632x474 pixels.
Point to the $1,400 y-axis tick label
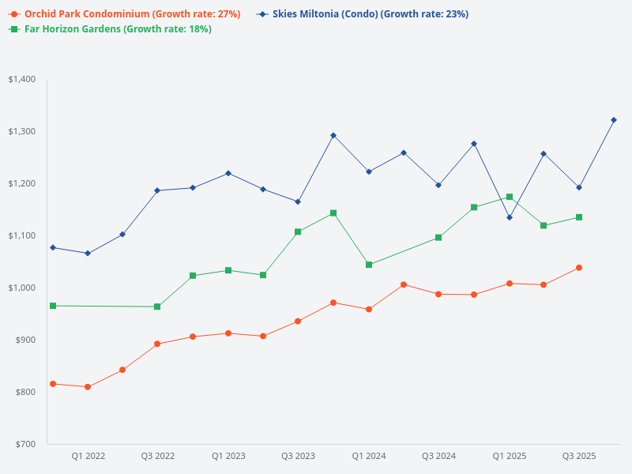pos(22,79)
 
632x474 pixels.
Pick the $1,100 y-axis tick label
pos(22,235)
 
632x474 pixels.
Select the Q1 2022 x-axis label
pos(88,457)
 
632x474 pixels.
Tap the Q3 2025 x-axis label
pos(579,457)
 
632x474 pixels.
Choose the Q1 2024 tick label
pos(369,457)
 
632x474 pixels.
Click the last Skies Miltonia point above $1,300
pos(614,120)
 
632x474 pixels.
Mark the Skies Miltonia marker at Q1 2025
pos(510,217)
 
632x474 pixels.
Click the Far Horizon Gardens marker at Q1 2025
pos(510,197)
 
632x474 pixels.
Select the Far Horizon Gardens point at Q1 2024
pos(369,265)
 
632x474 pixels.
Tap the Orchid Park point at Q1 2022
pos(88,387)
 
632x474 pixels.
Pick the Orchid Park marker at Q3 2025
pos(579,268)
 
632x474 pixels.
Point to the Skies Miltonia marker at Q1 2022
pos(88,254)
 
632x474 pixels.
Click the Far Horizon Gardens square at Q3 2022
pos(157,307)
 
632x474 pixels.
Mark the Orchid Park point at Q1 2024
pos(369,310)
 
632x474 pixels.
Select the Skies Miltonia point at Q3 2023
pos(298,201)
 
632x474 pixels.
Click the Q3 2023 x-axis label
pos(298,457)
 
